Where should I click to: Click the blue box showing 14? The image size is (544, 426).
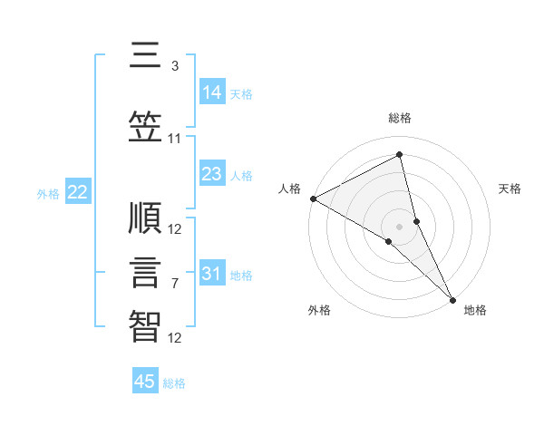click(x=212, y=92)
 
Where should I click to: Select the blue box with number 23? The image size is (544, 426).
click(x=212, y=174)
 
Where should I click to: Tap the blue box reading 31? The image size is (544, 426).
click(x=212, y=274)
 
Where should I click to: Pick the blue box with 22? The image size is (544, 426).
click(x=77, y=192)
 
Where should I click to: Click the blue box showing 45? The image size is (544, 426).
click(x=145, y=382)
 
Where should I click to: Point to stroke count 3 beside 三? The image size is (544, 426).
click(x=175, y=66)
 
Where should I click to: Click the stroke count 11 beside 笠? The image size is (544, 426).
click(x=175, y=139)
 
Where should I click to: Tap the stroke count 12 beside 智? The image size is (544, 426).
click(x=175, y=339)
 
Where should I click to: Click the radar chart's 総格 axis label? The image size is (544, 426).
click(x=400, y=118)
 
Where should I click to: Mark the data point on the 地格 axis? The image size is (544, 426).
click(x=453, y=299)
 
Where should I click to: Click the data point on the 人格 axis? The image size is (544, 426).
click(x=313, y=198)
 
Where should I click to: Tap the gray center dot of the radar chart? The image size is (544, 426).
click(x=399, y=226)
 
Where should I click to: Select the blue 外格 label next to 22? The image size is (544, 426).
click(x=48, y=193)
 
